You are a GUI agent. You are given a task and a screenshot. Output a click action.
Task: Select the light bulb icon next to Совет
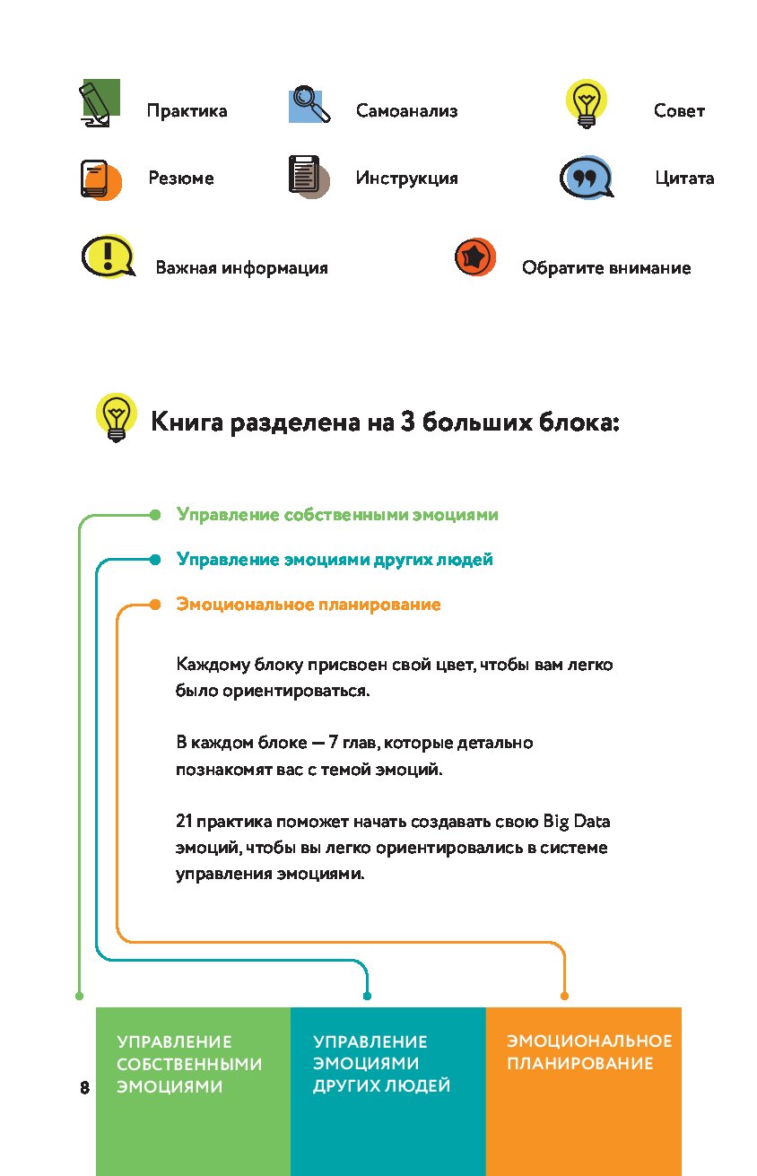click(x=586, y=102)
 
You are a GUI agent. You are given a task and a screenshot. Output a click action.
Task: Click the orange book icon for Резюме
click(x=97, y=178)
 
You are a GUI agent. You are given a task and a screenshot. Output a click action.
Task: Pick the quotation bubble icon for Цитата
click(x=586, y=178)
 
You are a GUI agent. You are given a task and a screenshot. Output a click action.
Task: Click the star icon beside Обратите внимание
click(x=474, y=258)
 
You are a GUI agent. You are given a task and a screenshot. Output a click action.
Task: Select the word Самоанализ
click(x=406, y=111)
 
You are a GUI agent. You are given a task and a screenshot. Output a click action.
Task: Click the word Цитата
click(x=684, y=179)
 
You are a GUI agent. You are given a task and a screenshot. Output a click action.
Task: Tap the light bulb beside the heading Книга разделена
click(x=116, y=417)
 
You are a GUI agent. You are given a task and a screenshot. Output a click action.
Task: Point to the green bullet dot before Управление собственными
click(x=154, y=515)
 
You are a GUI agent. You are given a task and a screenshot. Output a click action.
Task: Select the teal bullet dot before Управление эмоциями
click(x=154, y=560)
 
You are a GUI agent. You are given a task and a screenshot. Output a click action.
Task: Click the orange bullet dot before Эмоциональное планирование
click(x=154, y=605)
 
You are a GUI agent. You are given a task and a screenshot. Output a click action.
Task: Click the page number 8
click(x=84, y=1088)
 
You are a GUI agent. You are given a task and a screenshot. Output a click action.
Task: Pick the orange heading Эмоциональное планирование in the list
click(x=309, y=605)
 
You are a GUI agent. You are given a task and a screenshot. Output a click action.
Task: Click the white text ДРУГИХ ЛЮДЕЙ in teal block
click(x=381, y=1086)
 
